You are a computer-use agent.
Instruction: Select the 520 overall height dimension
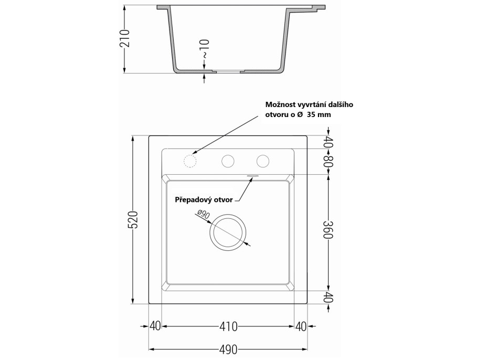coord(133,220)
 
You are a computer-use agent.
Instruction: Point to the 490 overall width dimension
coord(228,349)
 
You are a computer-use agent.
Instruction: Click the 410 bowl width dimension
coord(228,326)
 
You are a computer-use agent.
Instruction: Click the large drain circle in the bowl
coord(228,231)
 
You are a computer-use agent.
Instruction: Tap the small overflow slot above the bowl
coord(252,176)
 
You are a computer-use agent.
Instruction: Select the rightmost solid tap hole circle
coord(262,161)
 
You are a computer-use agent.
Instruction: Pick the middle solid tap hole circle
coord(228,161)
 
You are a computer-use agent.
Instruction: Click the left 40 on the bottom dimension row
coord(155,326)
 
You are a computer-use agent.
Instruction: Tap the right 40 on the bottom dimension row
coord(301,326)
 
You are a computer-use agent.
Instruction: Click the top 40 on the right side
coord(328,142)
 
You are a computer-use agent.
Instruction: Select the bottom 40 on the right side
coord(328,297)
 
